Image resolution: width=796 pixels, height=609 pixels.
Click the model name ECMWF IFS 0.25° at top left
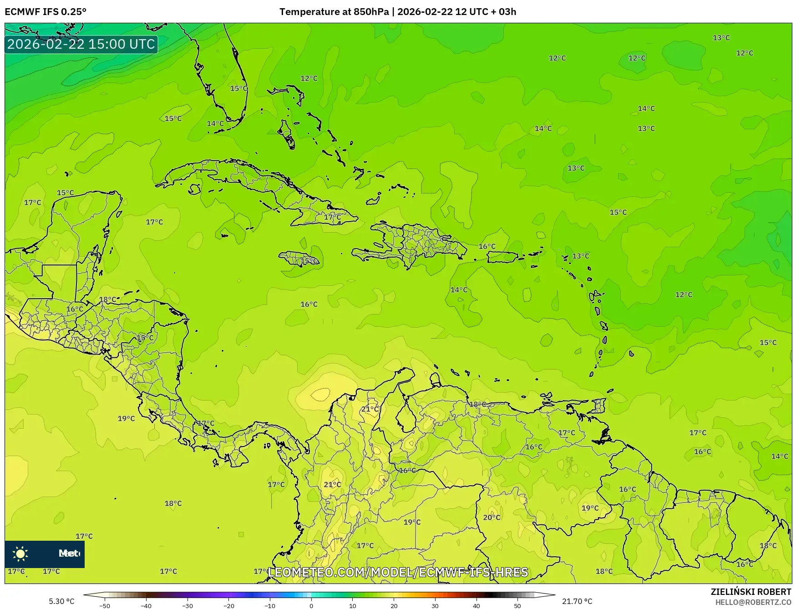pos(46,12)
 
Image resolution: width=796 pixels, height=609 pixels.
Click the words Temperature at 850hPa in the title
pos(334,12)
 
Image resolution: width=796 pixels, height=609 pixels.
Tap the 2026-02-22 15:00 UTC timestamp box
pos(81,44)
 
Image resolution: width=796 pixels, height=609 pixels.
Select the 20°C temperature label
pos(492,518)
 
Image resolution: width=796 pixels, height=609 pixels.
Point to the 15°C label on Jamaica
pos(309,261)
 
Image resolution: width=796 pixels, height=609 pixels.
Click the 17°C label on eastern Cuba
pos(332,217)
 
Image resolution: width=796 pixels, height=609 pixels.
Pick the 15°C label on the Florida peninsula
pos(238,88)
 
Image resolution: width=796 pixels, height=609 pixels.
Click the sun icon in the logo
pos(20,554)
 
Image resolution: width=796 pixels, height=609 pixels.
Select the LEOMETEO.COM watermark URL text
pos(398,572)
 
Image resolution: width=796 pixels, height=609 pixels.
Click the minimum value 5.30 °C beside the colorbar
pos(61,601)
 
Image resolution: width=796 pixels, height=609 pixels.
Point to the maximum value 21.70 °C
pos(577,601)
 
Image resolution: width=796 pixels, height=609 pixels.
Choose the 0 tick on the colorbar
pos(311,606)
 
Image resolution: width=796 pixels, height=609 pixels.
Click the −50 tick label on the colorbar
pos(105,606)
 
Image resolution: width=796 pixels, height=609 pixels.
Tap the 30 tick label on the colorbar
pos(435,606)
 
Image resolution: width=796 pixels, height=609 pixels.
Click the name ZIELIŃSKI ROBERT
pos(751,592)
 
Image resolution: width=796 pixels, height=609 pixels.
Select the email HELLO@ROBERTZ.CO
pos(753,602)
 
